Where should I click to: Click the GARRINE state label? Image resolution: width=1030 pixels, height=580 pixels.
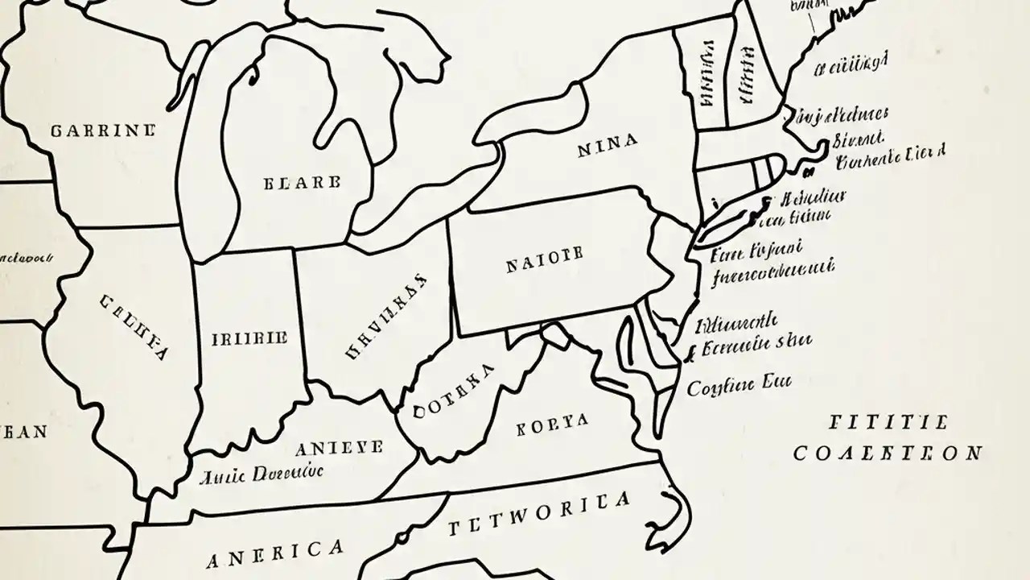tap(102, 130)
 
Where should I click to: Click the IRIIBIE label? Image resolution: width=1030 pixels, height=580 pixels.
tap(249, 339)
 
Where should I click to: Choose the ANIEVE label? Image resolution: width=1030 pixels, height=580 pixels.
tap(339, 448)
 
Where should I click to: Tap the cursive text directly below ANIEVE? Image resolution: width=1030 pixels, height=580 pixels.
tap(262, 474)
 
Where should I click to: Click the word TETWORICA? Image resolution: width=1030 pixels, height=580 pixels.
tap(538, 515)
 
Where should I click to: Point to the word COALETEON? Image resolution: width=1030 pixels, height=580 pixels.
tap(887, 454)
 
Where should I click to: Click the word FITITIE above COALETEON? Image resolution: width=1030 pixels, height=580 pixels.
tap(888, 421)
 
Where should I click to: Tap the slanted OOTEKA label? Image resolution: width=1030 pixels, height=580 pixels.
tap(453, 392)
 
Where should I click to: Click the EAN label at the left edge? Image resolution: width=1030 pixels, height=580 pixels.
tap(24, 432)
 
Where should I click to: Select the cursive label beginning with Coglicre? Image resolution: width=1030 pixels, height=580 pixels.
tap(739, 385)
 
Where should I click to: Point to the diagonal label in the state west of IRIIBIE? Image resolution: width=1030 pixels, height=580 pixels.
tap(134, 326)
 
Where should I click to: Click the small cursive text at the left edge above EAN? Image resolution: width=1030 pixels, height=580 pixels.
tap(26, 259)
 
